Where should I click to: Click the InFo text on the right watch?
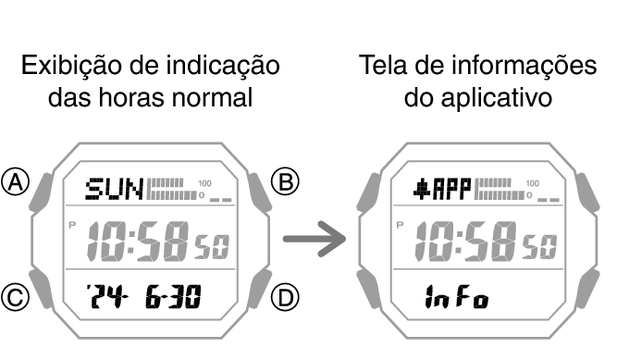(x=457, y=298)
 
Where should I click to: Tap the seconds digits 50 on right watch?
(x=541, y=245)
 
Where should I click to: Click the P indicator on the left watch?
(x=73, y=225)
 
